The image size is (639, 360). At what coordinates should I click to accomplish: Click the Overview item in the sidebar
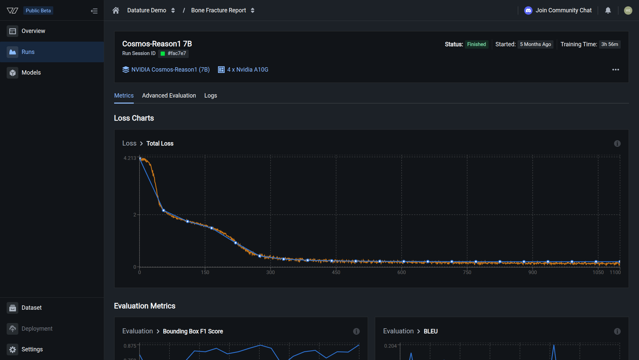click(33, 31)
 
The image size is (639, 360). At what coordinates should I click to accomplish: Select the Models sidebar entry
click(31, 73)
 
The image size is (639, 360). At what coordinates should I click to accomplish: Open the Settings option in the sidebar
click(32, 349)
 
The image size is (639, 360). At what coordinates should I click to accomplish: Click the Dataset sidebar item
click(31, 308)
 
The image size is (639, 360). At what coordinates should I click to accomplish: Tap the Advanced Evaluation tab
click(169, 96)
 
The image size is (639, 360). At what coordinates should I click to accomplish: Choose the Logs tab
click(210, 96)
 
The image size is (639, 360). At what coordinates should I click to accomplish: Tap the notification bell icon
click(608, 10)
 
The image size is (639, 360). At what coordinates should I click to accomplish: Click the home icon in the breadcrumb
click(116, 10)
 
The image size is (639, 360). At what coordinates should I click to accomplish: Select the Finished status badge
click(476, 44)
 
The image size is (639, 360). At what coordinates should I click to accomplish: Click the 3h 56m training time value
click(609, 44)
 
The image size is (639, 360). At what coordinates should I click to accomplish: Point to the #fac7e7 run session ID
click(176, 53)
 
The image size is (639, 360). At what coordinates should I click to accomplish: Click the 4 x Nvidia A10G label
click(247, 70)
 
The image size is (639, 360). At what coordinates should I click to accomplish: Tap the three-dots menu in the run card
click(615, 70)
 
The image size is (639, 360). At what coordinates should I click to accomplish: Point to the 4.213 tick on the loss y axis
click(130, 158)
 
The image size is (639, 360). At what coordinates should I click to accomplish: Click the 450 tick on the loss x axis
click(336, 272)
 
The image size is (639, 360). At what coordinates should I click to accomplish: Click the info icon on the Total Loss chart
click(617, 144)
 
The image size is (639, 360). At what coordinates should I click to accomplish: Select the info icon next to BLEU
click(617, 331)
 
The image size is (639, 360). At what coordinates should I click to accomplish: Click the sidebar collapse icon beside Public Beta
click(94, 11)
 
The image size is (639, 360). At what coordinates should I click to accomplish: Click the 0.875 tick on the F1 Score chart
click(130, 346)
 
